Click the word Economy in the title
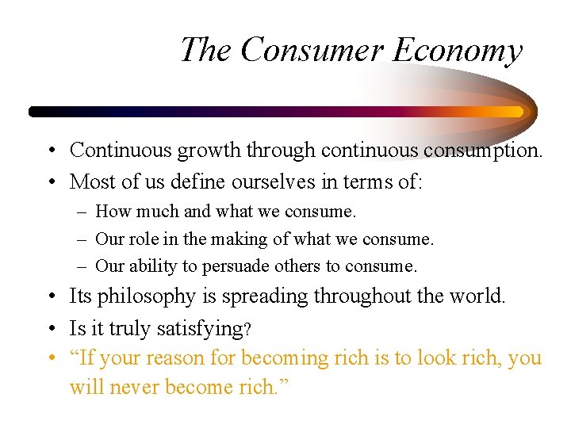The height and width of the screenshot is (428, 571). pos(458,50)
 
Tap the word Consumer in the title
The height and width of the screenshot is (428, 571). pos(311,50)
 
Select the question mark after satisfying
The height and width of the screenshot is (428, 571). pos(247,328)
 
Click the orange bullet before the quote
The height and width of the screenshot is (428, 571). pos(52,358)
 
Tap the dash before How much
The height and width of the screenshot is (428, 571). pos(82,212)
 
